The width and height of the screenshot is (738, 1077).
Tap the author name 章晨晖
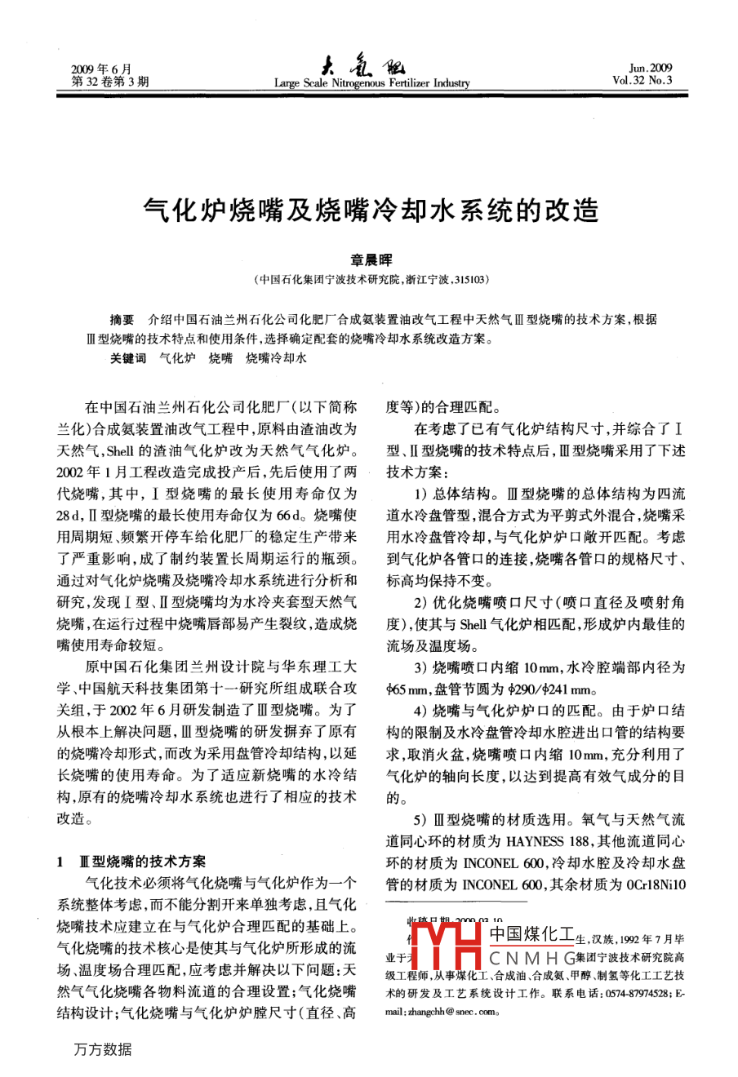(x=371, y=260)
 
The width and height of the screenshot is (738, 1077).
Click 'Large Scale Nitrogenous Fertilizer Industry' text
(x=371, y=83)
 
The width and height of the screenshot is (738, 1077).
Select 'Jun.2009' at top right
(x=651, y=69)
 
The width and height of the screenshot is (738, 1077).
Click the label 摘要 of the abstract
(x=122, y=319)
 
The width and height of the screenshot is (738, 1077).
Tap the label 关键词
(x=128, y=357)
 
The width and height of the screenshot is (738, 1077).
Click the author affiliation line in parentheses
(x=371, y=279)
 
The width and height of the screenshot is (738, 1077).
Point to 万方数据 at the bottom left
(x=102, y=1049)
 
